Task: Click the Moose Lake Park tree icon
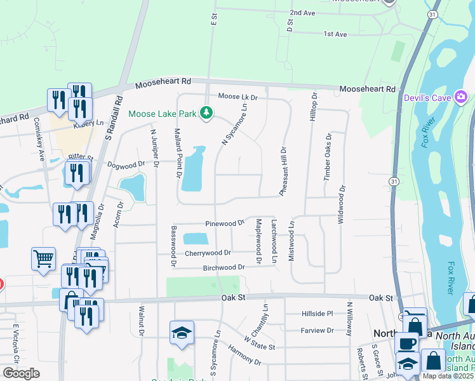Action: click(206, 113)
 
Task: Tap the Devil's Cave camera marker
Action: click(461, 97)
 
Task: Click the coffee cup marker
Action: click(406, 344)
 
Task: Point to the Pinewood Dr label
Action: click(224, 224)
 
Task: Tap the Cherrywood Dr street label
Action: click(208, 253)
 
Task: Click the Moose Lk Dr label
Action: click(237, 97)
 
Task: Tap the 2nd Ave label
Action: click(302, 13)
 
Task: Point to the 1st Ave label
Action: click(335, 34)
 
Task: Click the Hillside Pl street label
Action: click(317, 314)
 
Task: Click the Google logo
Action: click(21, 373)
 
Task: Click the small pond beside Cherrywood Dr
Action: click(196, 239)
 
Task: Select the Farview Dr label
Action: click(318, 330)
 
